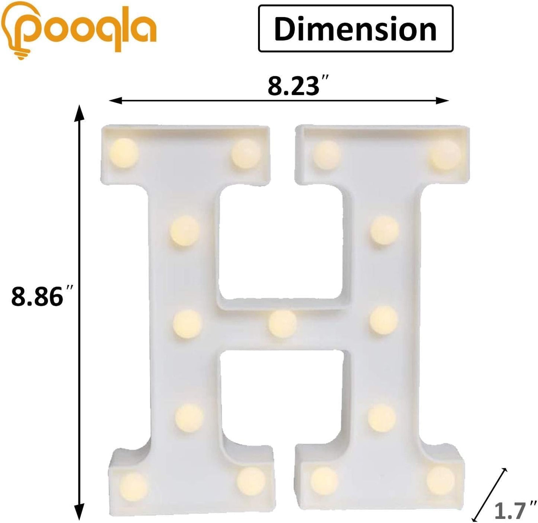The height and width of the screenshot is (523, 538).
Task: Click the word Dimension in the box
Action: (355, 29)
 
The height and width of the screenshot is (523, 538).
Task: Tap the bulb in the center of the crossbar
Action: (282, 323)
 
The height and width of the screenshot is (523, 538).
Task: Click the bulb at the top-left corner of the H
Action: (124, 152)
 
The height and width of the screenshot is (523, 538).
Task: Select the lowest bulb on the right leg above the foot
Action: (382, 417)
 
